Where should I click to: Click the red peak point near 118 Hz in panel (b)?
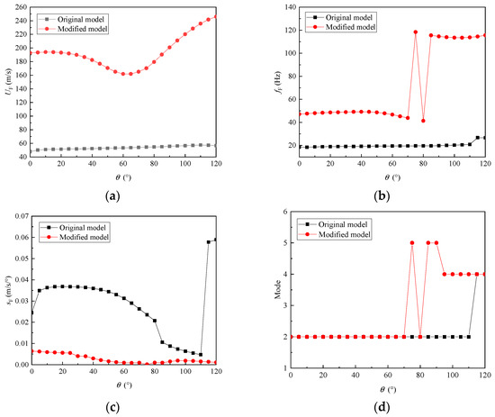416,32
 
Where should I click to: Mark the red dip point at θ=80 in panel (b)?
423,121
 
